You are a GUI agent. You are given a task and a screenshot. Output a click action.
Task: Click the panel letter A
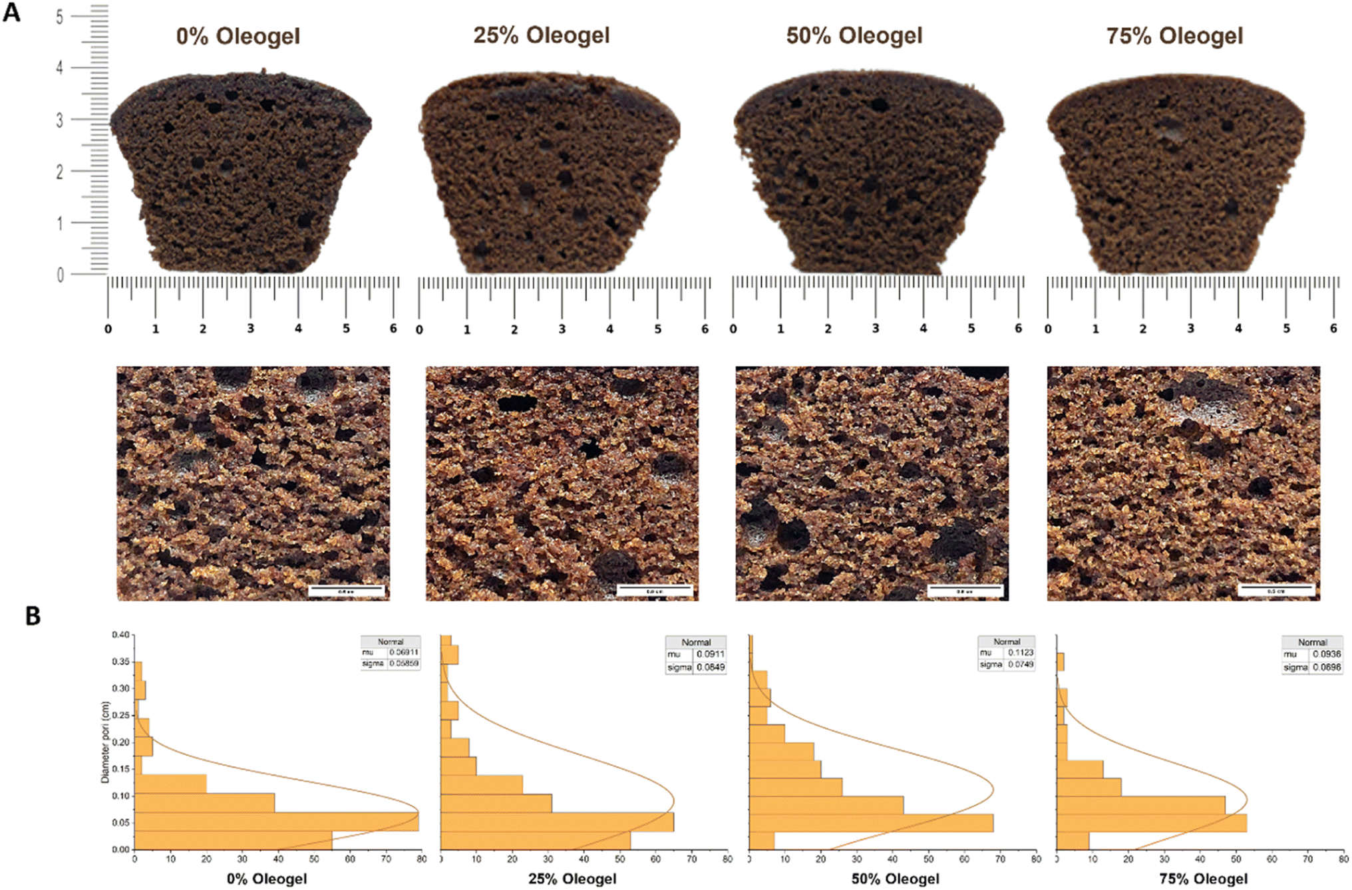point(11,12)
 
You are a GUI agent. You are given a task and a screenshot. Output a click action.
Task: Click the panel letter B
point(33,616)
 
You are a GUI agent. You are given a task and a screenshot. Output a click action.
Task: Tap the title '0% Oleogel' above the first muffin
point(238,36)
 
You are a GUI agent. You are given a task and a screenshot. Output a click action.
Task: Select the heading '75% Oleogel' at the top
point(1174,36)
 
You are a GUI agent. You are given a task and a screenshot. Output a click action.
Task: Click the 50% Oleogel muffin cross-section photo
point(868,173)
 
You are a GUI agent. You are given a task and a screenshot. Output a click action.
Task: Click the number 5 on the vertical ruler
point(60,17)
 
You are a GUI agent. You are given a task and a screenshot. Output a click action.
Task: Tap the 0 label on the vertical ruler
point(60,275)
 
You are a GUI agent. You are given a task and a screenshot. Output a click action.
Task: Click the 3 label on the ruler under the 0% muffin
point(250,329)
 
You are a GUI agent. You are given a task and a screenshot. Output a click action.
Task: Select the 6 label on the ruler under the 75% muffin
point(1333,329)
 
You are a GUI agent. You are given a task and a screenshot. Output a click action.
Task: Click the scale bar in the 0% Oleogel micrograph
point(346,589)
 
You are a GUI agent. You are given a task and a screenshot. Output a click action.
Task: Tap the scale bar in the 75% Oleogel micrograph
point(1276,589)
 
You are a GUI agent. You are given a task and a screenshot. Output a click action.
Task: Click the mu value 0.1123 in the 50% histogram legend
point(1021,653)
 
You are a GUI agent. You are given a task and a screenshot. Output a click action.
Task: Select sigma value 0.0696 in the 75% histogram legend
point(1327,667)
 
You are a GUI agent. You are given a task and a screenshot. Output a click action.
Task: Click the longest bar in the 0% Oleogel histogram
point(276,821)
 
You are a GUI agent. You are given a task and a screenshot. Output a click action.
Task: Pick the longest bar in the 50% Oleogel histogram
point(871,823)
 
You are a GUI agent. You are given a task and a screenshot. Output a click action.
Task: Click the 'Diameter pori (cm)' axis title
point(105,742)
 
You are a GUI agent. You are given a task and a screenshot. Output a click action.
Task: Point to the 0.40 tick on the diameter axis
point(120,635)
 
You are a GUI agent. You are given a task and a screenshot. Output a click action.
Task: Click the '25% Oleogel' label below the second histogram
point(572,879)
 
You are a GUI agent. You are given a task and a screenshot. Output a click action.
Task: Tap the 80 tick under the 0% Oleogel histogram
point(421,859)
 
